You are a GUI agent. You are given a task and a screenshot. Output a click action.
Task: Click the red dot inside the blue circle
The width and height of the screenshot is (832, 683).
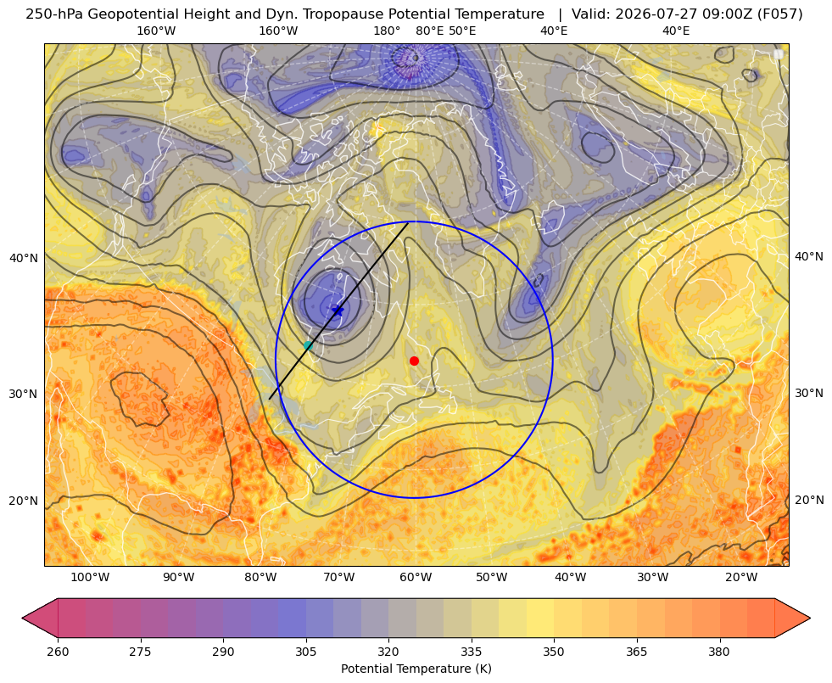414,361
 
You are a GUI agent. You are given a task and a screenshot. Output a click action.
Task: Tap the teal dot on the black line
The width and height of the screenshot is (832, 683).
308,345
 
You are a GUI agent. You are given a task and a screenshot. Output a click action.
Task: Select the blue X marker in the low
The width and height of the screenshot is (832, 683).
338,311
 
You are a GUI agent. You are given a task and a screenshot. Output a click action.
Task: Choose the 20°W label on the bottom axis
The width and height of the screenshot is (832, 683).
741,578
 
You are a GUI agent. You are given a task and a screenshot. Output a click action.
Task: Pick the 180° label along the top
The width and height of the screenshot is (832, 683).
387,31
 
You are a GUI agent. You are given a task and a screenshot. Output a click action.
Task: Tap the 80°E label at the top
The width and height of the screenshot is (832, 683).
430,31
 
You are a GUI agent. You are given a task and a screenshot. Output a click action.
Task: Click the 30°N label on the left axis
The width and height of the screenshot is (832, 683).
24,394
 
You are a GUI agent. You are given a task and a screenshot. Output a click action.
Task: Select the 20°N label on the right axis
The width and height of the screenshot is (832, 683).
809,500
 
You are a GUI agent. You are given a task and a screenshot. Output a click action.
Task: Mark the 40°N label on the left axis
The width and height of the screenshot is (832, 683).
24,258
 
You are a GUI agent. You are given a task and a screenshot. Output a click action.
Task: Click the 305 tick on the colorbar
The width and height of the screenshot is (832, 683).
306,651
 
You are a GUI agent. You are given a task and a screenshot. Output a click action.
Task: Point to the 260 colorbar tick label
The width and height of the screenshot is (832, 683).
58,651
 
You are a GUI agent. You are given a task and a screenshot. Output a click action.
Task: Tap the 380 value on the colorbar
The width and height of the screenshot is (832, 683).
719,651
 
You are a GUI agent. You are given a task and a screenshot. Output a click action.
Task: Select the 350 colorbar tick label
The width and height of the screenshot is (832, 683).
554,651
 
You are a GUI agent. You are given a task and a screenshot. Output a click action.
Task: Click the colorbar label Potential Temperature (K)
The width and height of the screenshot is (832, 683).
416,669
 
